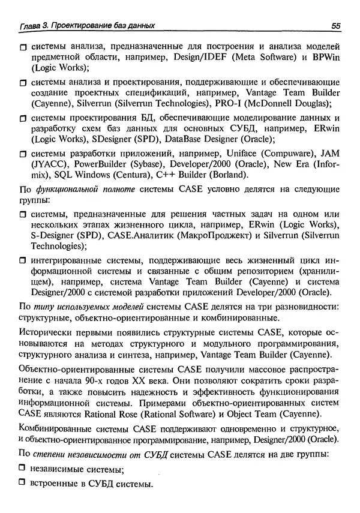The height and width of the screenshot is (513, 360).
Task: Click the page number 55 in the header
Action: coord(335,26)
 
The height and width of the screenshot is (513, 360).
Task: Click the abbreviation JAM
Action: coord(329,154)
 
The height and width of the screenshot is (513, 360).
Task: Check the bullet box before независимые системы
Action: coord(23,469)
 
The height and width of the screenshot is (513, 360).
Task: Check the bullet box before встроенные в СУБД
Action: coord(23,484)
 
